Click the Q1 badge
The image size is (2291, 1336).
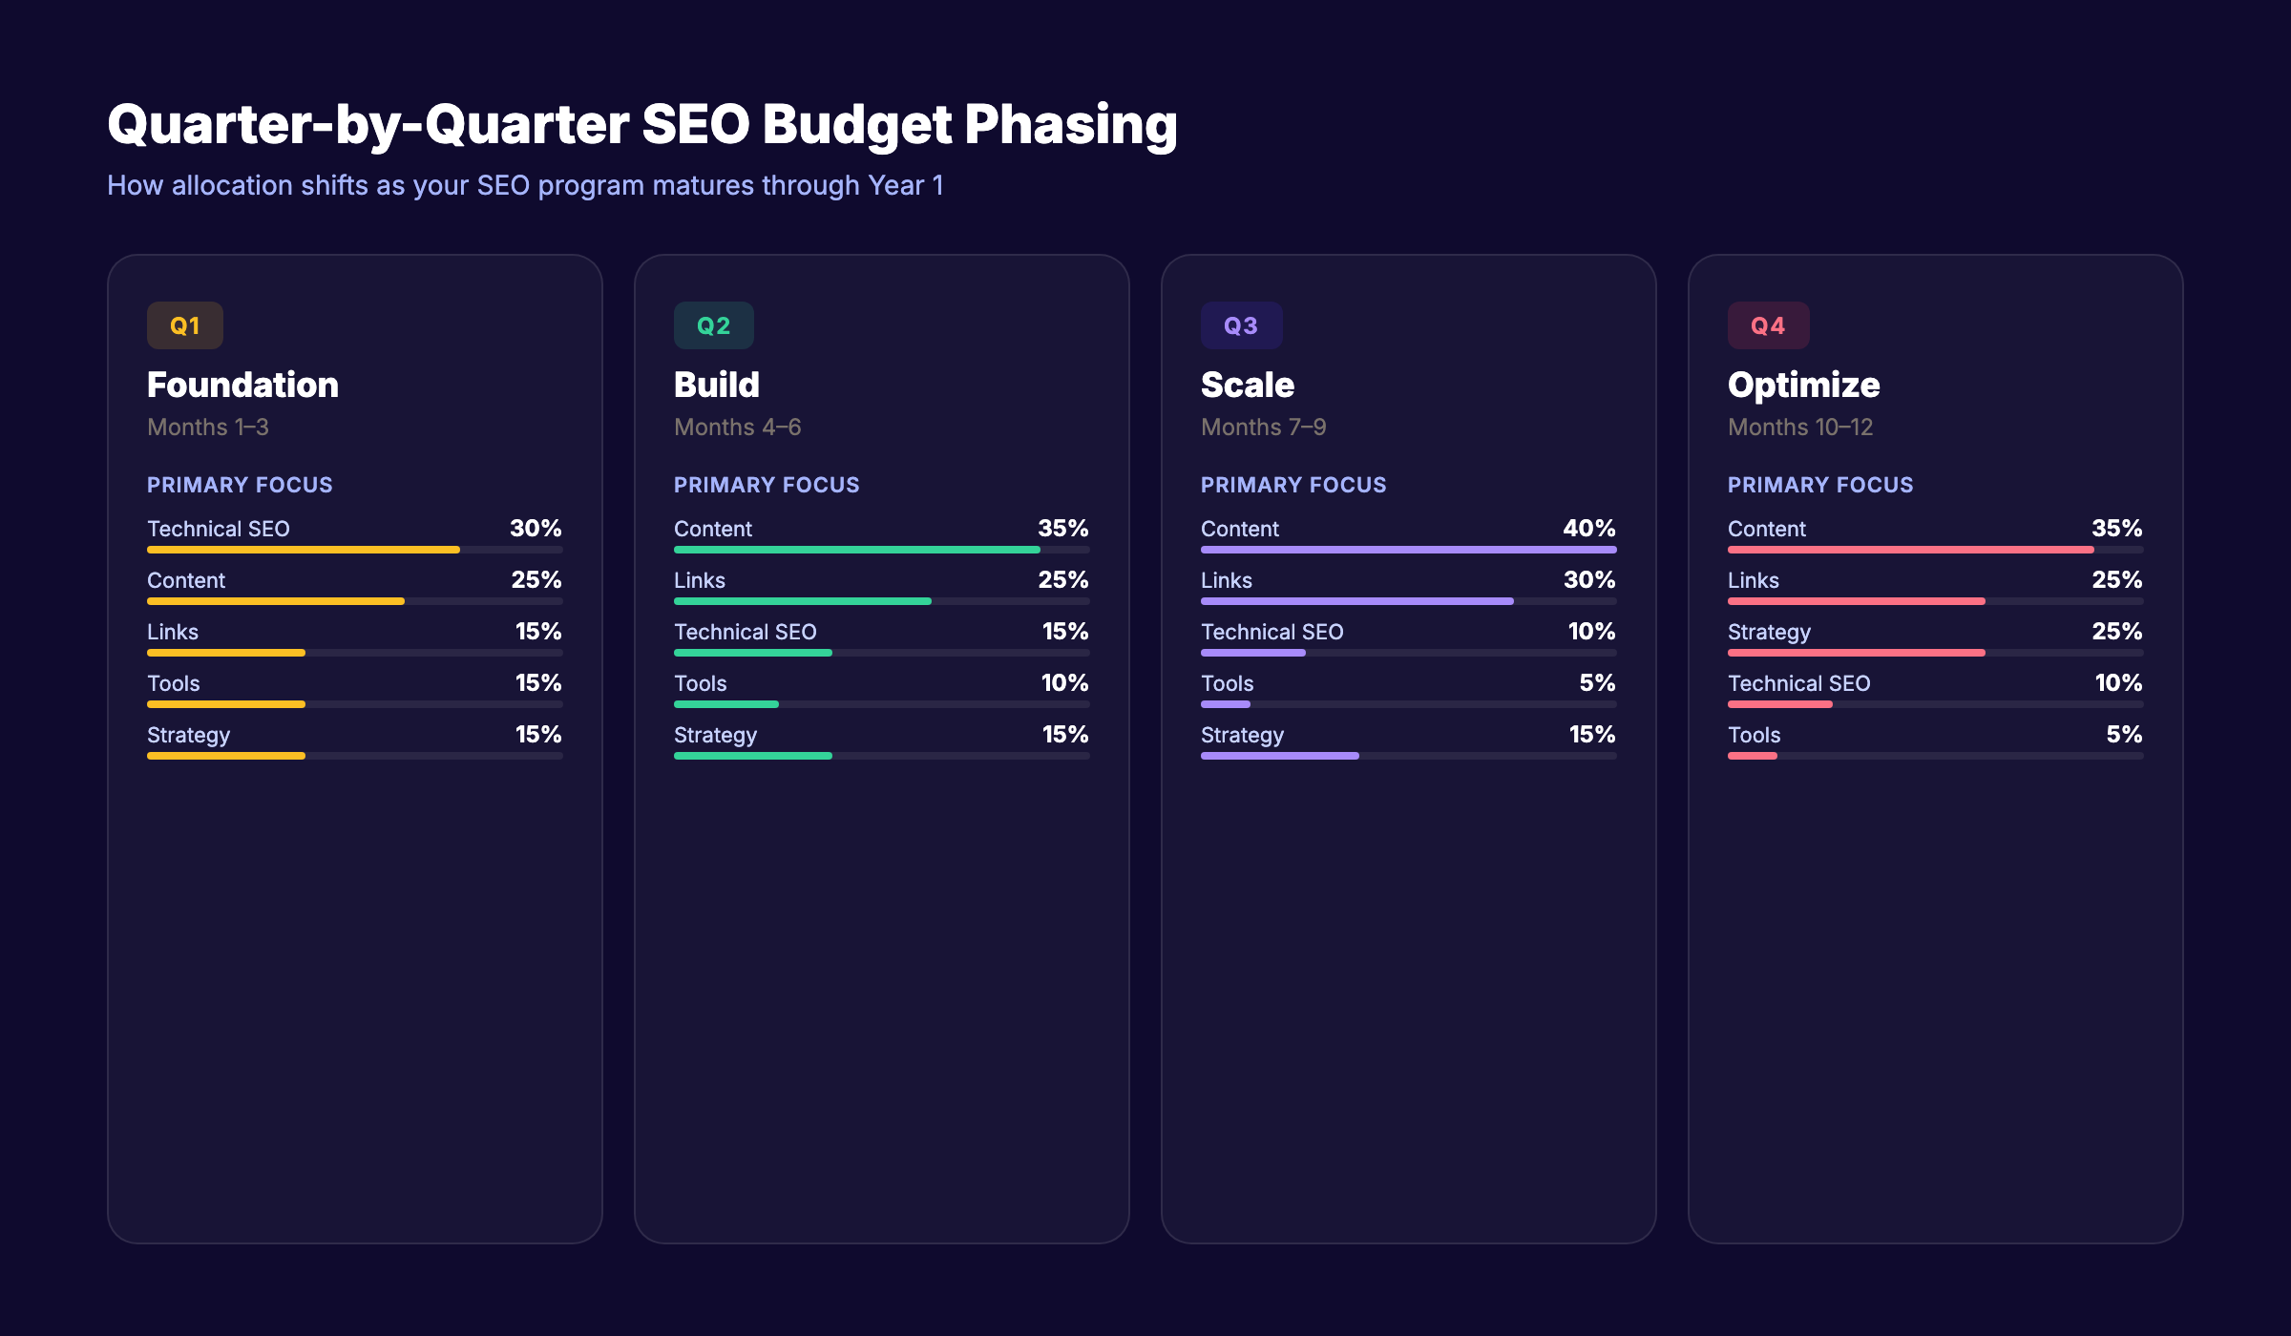pyautogui.click(x=184, y=325)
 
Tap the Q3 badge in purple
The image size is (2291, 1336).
pyautogui.click(x=1241, y=325)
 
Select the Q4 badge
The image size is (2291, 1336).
pyautogui.click(x=1768, y=325)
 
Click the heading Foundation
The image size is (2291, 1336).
pyautogui.click(x=242, y=385)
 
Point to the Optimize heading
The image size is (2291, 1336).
pyautogui.click(x=1803, y=385)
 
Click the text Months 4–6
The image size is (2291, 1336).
pyautogui.click(x=737, y=427)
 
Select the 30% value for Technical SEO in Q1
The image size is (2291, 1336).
pyautogui.click(x=536, y=528)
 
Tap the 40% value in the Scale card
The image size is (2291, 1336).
pyautogui.click(x=1588, y=528)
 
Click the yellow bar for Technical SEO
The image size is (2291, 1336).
pyautogui.click(x=304, y=550)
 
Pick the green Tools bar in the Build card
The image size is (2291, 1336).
pyautogui.click(x=725, y=704)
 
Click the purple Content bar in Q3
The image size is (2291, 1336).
pyautogui.click(x=1408, y=550)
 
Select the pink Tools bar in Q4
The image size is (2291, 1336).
pyautogui.click(x=1752, y=756)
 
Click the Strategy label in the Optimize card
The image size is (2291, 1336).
pyautogui.click(x=1769, y=632)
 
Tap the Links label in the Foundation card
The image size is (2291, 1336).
pyautogui.click(x=173, y=632)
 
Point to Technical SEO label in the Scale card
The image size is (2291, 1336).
pyautogui.click(x=1272, y=632)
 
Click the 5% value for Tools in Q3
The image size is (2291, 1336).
pyautogui.click(x=1597, y=682)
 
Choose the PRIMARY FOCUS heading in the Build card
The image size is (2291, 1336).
pyautogui.click(x=767, y=485)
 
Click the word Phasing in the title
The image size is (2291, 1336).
pyautogui.click(x=1070, y=125)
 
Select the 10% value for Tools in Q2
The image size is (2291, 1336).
pyautogui.click(x=1064, y=682)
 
